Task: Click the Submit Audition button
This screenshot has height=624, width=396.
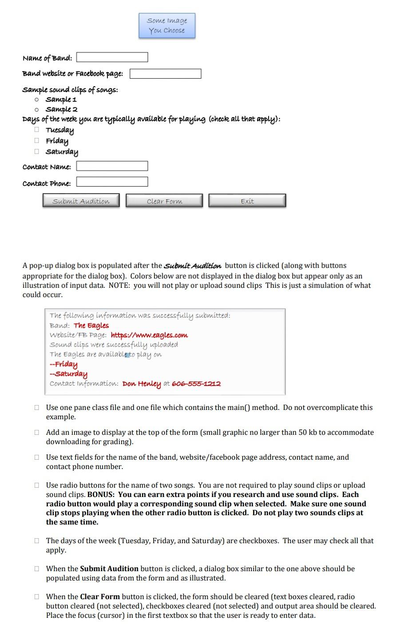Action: click(81, 201)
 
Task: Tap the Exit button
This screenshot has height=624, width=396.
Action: click(247, 201)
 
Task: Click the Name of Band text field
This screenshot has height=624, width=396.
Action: click(112, 58)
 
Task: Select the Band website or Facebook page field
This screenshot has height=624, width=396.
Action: click(165, 74)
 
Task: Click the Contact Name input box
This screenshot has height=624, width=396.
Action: click(112, 166)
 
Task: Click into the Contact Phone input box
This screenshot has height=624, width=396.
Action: click(112, 182)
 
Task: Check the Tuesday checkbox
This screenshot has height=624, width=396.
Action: click(37, 130)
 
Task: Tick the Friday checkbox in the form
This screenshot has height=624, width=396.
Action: click(37, 141)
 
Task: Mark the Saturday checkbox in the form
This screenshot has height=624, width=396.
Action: click(37, 151)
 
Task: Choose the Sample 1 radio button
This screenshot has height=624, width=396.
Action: click(37, 99)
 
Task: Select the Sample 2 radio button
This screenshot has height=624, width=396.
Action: click(37, 109)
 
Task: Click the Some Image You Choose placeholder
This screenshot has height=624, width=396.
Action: click(167, 26)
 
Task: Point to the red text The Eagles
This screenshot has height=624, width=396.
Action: click(91, 326)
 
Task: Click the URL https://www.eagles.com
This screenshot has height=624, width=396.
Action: click(149, 335)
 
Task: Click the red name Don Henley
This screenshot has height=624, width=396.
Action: click(141, 384)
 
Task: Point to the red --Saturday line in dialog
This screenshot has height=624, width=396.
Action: click(69, 374)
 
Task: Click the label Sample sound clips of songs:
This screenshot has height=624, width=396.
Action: click(70, 90)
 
